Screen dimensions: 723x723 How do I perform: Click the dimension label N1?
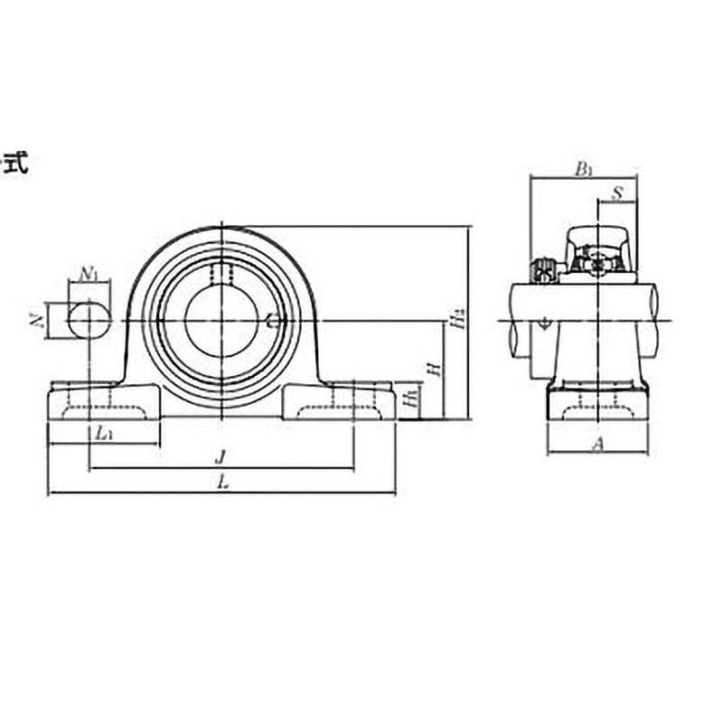[x=89, y=272]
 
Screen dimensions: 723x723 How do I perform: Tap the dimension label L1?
[x=103, y=433]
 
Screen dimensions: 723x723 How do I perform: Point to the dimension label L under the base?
[x=221, y=483]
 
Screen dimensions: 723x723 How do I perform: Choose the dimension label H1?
[x=411, y=399]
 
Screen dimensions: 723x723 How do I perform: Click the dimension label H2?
[x=460, y=318]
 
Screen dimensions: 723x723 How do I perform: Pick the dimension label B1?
[x=584, y=167]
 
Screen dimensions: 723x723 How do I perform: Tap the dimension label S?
[x=618, y=192]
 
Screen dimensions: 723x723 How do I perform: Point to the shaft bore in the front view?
[x=221, y=320]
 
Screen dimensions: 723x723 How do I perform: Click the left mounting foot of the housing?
[x=104, y=401]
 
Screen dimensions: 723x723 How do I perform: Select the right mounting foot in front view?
[x=339, y=401]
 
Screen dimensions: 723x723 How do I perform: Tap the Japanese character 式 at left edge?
[x=16, y=164]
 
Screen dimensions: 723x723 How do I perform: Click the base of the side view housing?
[x=596, y=403]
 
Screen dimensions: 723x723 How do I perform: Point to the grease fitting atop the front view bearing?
[x=221, y=271]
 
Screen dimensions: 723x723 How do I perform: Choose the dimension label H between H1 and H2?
[x=435, y=369]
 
